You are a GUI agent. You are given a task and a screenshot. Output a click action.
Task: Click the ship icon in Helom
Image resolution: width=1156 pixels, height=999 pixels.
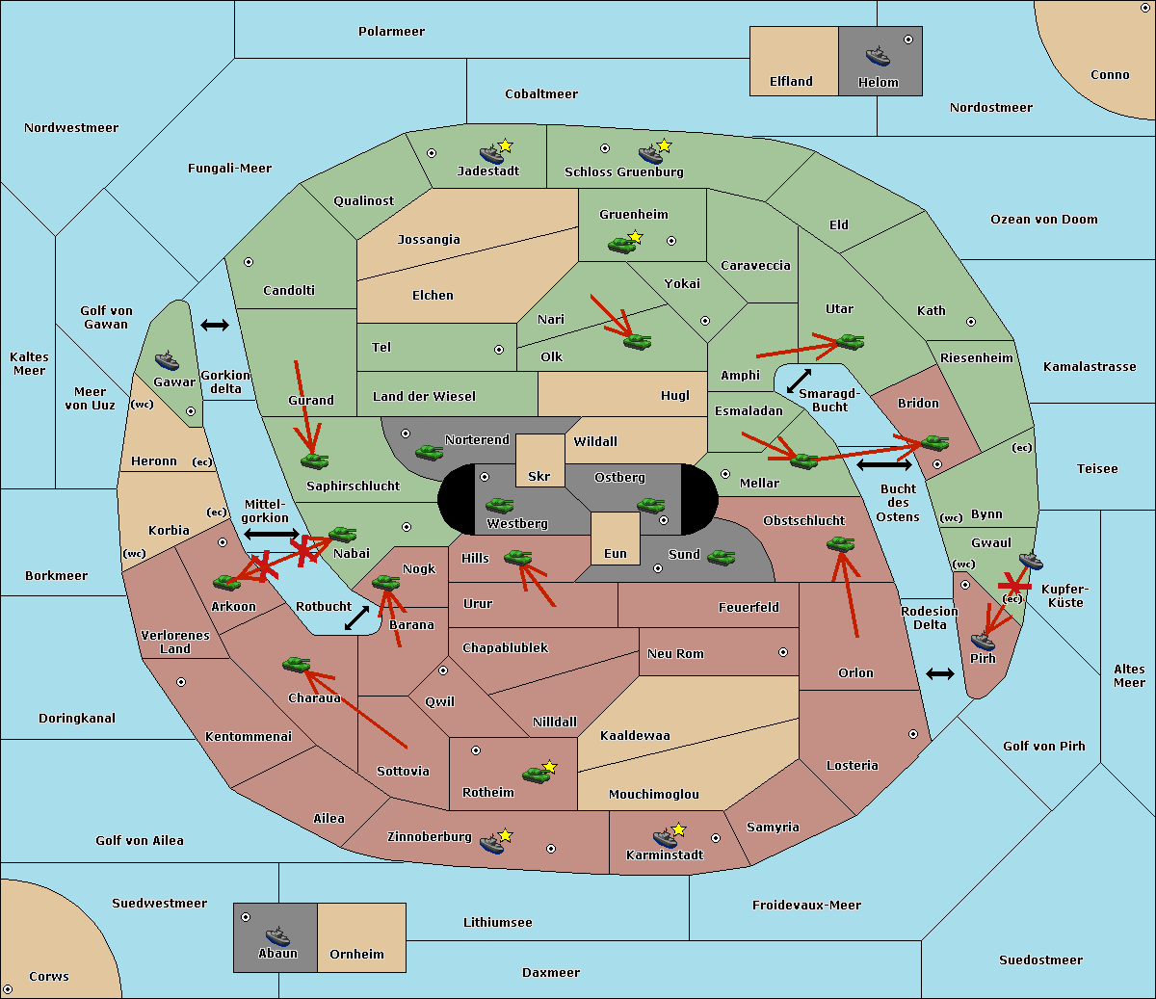(878, 56)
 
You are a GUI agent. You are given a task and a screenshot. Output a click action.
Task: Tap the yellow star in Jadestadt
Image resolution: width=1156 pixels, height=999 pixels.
(505, 145)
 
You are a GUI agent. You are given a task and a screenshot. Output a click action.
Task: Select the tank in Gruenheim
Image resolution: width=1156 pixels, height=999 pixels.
(621, 245)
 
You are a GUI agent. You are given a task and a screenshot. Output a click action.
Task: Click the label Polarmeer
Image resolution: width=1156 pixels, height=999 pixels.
(391, 32)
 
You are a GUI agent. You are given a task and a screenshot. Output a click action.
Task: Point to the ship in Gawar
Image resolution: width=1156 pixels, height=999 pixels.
(167, 361)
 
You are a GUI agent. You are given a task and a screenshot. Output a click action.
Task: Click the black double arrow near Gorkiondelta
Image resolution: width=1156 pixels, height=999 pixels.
(215, 325)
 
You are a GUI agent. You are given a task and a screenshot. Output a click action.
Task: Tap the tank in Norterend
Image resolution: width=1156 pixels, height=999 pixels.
(429, 452)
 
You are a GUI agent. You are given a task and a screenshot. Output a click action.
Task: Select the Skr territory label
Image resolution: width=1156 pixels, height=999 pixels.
(539, 476)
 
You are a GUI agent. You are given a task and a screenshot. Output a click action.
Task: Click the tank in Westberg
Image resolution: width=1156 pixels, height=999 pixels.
(499, 505)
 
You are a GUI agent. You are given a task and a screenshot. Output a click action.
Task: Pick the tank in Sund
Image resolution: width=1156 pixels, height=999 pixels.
(721, 557)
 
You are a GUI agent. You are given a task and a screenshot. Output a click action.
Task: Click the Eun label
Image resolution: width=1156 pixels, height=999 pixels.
(616, 553)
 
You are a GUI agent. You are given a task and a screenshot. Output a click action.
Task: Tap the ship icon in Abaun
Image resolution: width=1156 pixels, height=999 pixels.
(277, 937)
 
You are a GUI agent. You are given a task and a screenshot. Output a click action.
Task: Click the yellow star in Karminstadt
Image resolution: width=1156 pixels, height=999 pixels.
(678, 829)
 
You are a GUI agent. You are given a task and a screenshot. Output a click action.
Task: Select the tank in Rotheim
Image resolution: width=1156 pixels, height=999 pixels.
(536, 776)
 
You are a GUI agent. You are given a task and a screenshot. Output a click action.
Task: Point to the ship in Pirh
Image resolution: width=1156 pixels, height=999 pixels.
(983, 641)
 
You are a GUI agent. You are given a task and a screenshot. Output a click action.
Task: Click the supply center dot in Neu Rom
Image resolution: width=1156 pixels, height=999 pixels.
(783, 652)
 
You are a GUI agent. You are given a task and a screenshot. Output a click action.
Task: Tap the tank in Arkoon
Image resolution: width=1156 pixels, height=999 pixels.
(226, 582)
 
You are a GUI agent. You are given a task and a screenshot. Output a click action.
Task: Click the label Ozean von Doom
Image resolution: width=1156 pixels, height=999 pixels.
(1043, 220)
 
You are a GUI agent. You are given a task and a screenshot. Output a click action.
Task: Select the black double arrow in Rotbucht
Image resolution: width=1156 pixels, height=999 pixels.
(356, 618)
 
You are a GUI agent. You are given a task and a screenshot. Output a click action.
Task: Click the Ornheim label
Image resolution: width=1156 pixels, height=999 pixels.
(356, 954)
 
